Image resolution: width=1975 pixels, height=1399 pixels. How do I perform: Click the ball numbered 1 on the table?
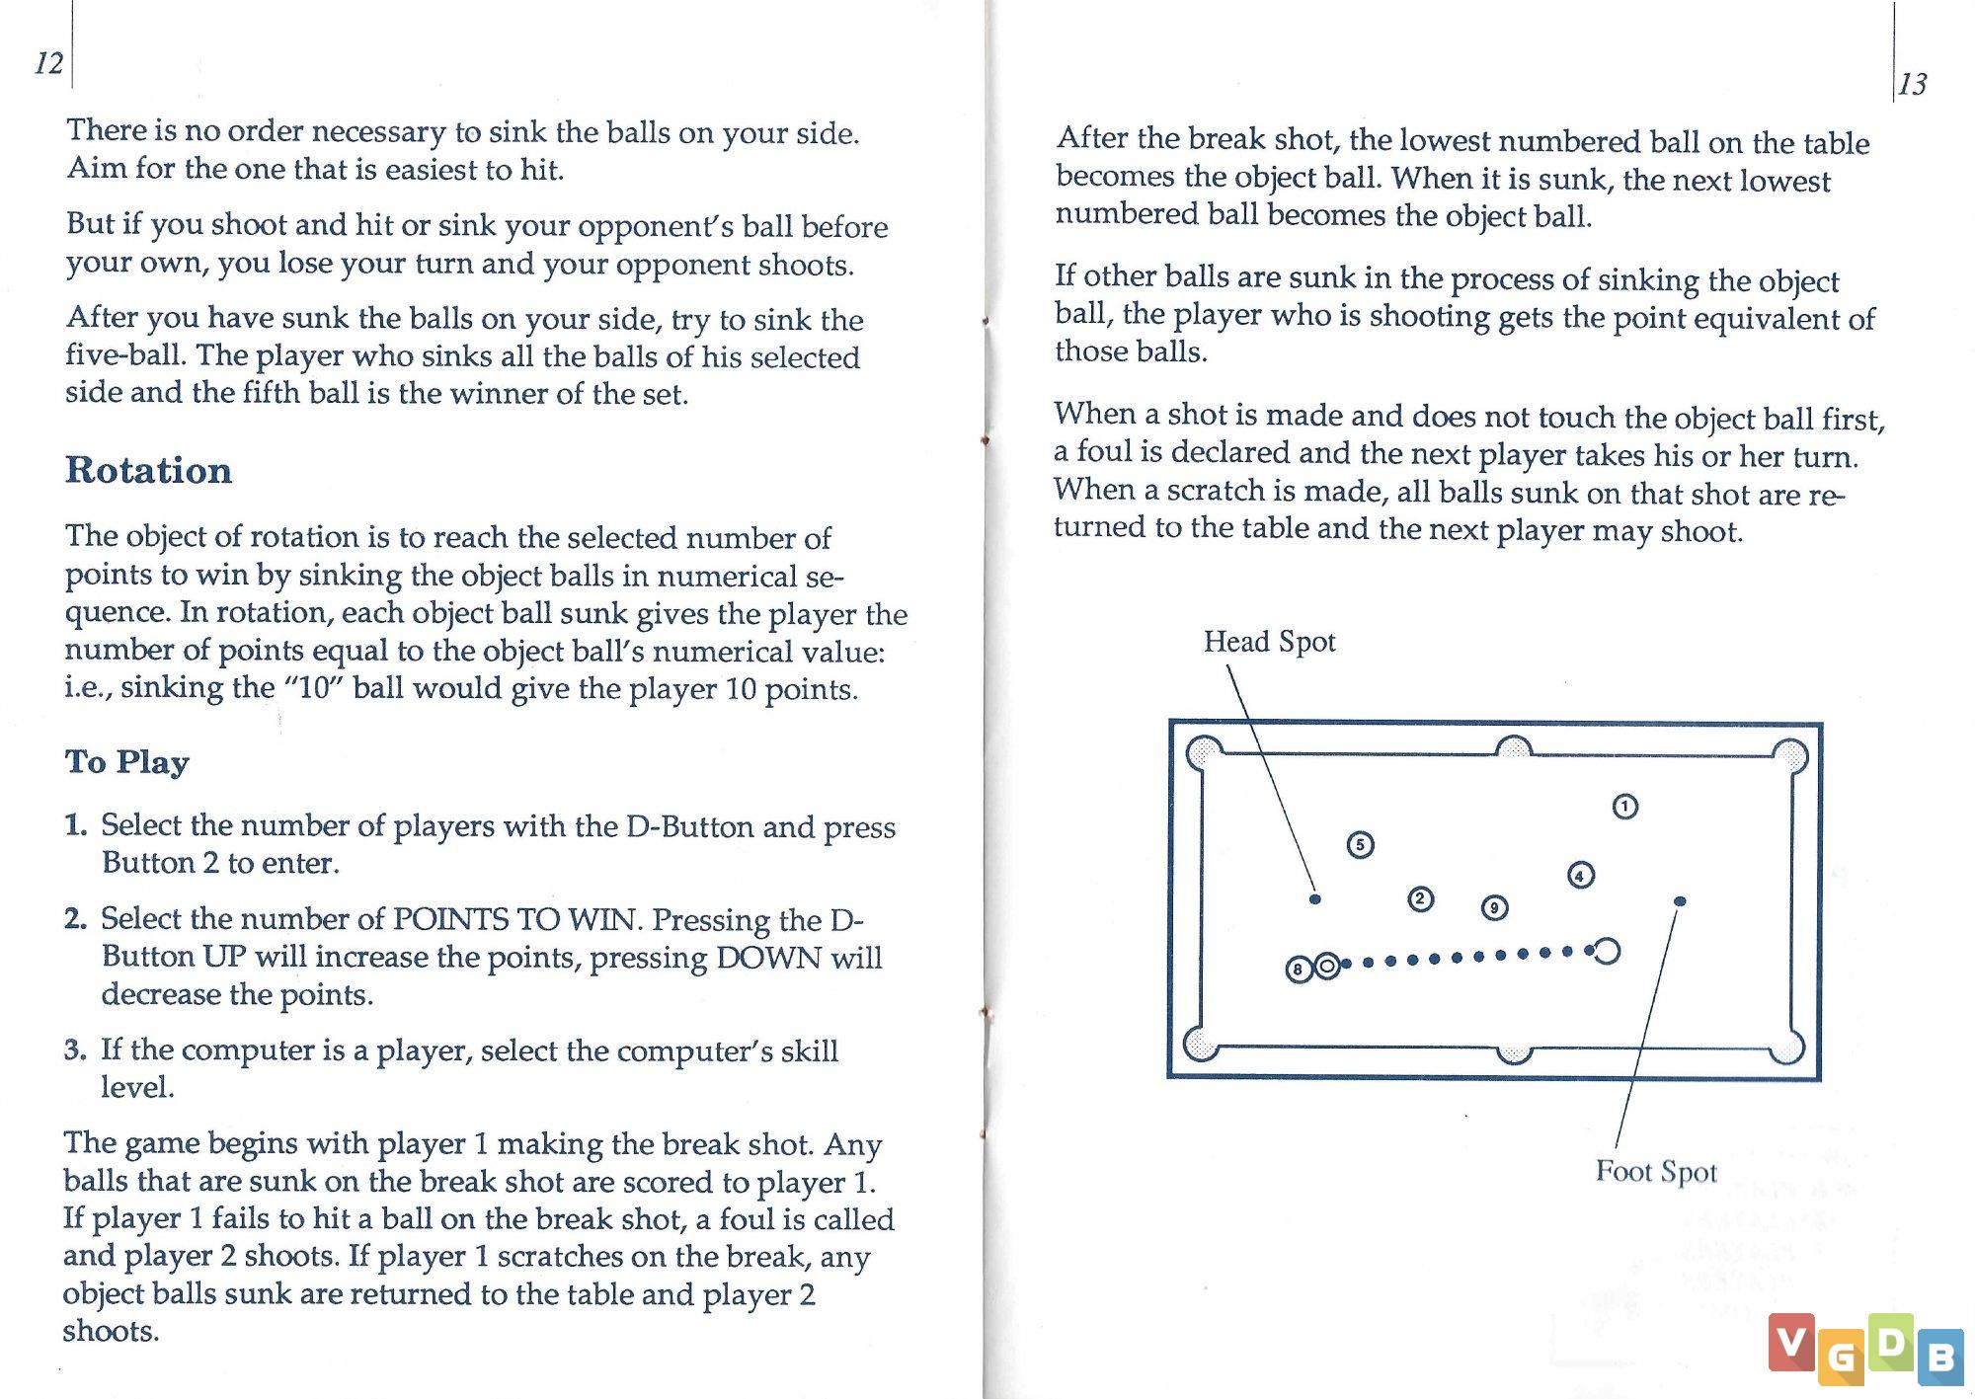click(x=1624, y=807)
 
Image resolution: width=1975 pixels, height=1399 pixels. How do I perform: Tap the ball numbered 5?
click(x=1360, y=845)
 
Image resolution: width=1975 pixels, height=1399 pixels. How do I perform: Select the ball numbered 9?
click(x=1494, y=907)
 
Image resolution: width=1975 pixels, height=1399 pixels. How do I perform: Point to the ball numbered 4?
click(x=1580, y=876)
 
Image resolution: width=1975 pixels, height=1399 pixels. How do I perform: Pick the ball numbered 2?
click(x=1420, y=898)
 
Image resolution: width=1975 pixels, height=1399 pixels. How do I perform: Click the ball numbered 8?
click(x=1298, y=970)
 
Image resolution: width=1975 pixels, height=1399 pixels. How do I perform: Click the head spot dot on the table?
click(x=1314, y=899)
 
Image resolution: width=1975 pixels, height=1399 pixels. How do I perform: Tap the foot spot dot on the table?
click(x=1680, y=901)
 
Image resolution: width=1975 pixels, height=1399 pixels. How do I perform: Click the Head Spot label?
click(x=1269, y=642)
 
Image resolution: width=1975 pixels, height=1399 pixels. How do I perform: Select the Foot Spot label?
click(x=1656, y=1171)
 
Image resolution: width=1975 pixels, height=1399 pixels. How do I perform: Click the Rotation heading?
click(x=149, y=470)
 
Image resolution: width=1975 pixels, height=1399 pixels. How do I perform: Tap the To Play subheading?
click(x=127, y=761)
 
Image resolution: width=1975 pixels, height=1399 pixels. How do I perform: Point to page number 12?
click(x=48, y=63)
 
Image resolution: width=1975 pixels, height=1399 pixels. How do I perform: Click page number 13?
click(x=1913, y=84)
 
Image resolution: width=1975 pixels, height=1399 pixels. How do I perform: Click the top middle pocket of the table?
click(x=1513, y=747)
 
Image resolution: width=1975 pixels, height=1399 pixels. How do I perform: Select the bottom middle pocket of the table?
click(x=1513, y=1054)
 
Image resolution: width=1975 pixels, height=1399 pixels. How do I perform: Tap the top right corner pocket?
click(x=1789, y=756)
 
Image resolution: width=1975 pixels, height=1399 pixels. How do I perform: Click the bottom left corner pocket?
click(x=1202, y=1045)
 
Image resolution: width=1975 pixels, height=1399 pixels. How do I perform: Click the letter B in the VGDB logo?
click(x=1940, y=1358)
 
